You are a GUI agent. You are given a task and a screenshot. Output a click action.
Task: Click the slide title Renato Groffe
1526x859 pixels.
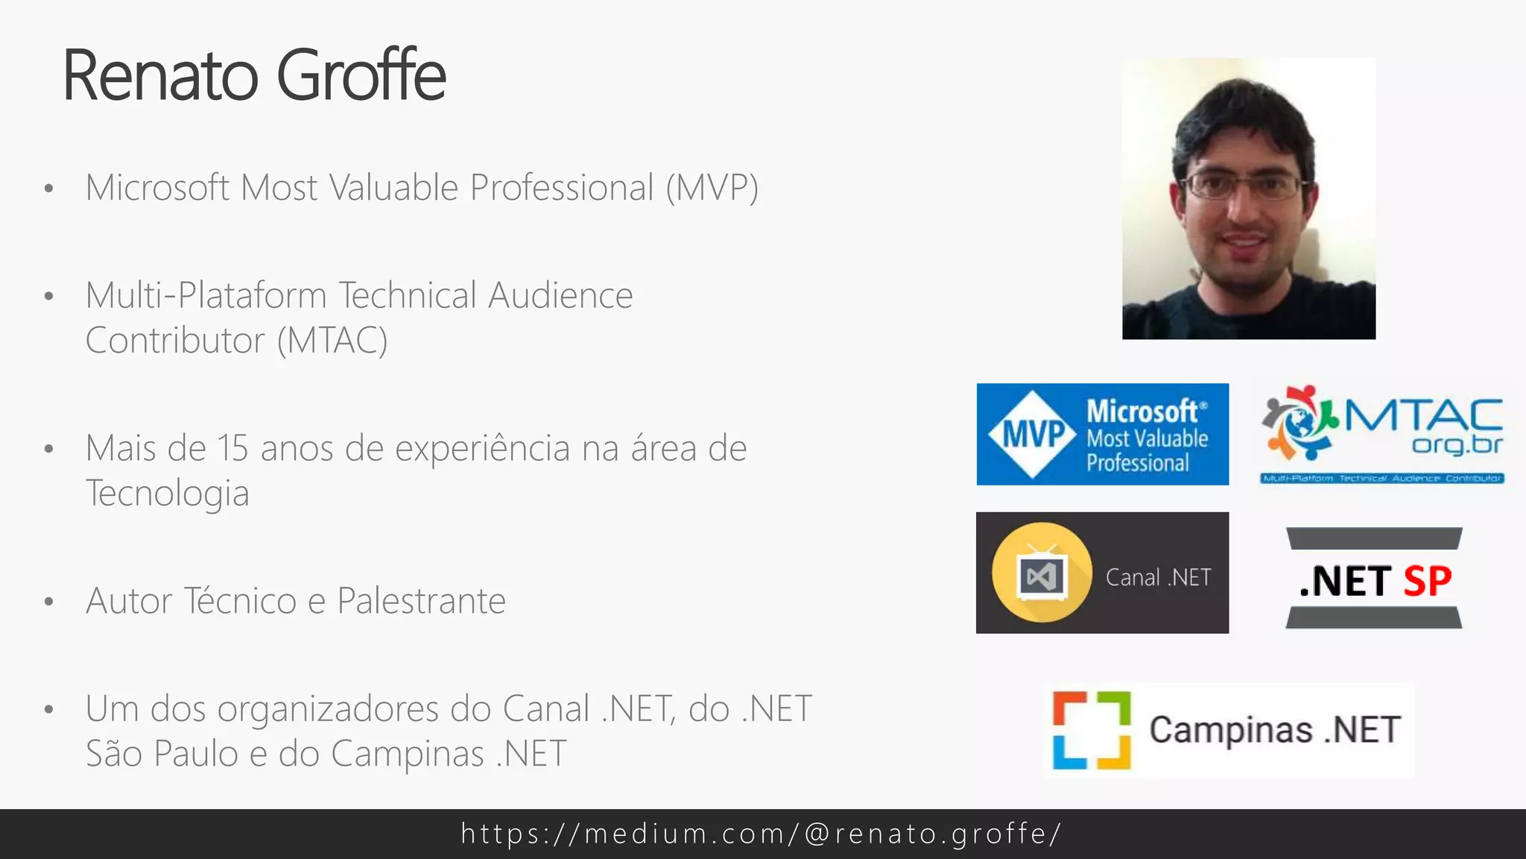coord(254,75)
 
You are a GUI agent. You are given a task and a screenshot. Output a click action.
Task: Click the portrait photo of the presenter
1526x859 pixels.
coord(1249,199)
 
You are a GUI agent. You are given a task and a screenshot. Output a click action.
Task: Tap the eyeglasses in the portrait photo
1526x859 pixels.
coord(1245,185)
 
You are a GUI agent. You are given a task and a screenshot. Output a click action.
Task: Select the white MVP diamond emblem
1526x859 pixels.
coord(1033,434)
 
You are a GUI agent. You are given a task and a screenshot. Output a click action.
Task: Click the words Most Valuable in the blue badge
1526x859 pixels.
coord(1147,438)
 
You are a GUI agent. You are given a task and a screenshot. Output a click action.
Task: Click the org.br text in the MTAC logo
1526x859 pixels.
coord(1457,444)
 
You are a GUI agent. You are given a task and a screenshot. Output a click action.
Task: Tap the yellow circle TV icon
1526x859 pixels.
coord(1042,573)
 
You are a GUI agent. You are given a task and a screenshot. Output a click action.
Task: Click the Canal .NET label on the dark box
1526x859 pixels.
coord(1158,577)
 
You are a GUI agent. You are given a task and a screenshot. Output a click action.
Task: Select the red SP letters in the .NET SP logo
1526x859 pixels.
coord(1428,581)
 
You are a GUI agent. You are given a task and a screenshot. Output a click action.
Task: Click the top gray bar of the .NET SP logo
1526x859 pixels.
coord(1374,538)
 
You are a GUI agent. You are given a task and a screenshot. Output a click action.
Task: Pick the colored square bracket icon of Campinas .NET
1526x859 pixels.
coord(1092,730)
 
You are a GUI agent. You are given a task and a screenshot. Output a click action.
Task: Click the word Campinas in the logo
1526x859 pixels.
coord(1230,730)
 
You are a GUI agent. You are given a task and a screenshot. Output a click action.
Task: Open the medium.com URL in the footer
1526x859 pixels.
coord(762,834)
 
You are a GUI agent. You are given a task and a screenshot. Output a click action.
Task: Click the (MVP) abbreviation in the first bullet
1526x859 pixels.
coord(712,188)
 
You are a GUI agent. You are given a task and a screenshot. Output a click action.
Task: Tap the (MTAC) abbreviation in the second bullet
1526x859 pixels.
coord(332,341)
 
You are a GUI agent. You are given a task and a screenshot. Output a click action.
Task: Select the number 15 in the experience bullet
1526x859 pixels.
coord(232,449)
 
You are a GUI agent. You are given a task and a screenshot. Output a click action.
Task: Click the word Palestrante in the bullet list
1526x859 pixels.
coord(421,601)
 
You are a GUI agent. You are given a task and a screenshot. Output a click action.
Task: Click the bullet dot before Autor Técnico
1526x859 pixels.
coord(49,602)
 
